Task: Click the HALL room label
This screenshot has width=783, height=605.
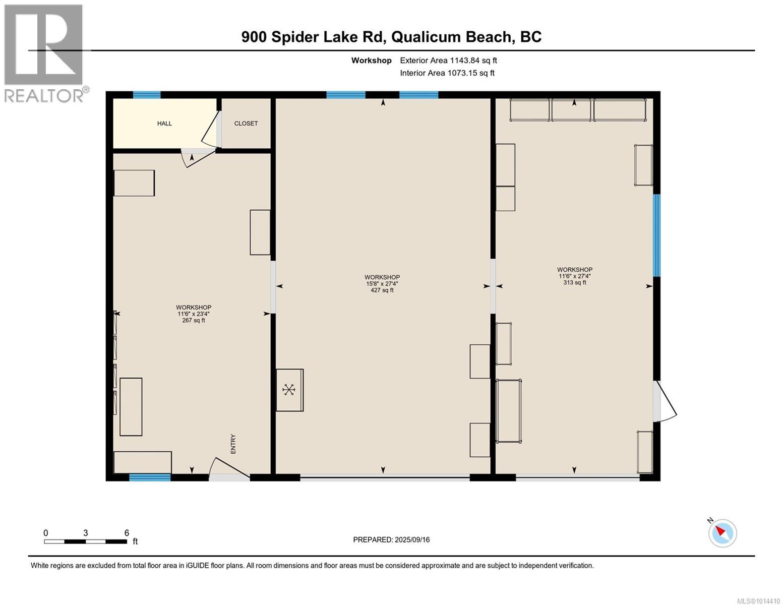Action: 164,123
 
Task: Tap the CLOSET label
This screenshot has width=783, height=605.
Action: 246,123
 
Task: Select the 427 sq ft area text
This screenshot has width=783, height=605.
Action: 382,290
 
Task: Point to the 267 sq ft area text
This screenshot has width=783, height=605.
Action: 194,320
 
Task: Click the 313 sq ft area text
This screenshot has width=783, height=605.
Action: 575,282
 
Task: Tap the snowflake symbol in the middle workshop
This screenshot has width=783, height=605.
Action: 288,390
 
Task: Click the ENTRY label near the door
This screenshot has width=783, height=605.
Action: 233,444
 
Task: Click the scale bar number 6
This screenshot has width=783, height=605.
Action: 127,533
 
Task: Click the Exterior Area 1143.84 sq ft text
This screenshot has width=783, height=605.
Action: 448,60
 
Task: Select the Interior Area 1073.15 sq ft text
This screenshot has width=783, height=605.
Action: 447,73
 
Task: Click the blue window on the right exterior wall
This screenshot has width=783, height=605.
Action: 657,235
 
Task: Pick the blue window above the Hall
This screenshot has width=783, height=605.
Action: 147,95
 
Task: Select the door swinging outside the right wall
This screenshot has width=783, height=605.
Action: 665,401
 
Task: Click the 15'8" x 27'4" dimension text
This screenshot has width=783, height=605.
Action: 382,283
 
